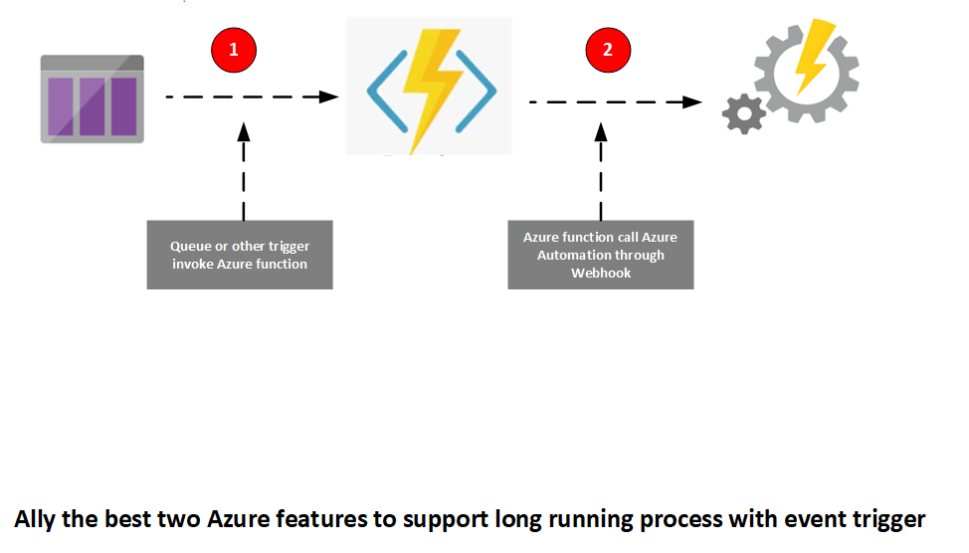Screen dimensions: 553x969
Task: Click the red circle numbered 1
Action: tap(234, 49)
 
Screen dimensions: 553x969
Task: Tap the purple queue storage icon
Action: tap(92, 98)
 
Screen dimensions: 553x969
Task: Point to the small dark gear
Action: tap(744, 113)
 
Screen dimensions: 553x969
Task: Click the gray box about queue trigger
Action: tap(240, 255)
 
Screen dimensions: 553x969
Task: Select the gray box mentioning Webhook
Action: tap(600, 255)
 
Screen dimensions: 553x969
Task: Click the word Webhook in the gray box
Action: tap(601, 273)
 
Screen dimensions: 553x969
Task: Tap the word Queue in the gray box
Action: tap(191, 247)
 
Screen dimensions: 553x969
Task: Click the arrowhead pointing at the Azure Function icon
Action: tap(328, 96)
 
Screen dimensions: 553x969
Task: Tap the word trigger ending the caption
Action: tap(888, 519)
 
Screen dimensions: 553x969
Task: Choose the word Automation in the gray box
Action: tap(574, 256)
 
